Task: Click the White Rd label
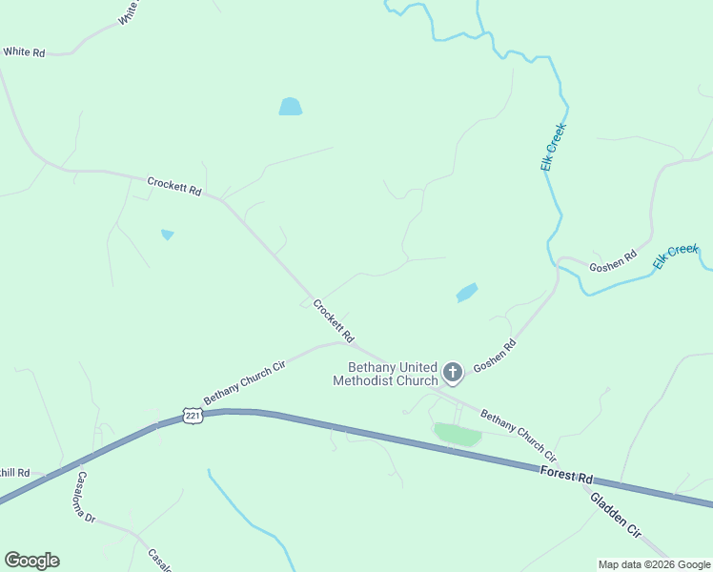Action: (24, 52)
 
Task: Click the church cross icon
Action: (453, 372)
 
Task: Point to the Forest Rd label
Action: (565, 475)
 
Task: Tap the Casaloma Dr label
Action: (87, 497)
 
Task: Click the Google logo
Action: (31, 561)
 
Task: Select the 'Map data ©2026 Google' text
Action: (654, 564)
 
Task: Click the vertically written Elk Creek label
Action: (553, 147)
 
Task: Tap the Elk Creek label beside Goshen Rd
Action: (676, 255)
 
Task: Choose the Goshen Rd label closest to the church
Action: (495, 356)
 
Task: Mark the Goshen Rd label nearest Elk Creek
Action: (612, 262)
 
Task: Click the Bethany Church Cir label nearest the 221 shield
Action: (245, 381)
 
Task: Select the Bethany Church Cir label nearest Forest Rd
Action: (518, 436)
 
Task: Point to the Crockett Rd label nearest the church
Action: (334, 322)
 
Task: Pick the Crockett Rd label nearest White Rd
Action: (174, 186)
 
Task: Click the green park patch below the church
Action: (458, 435)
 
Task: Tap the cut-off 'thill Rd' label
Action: (15, 473)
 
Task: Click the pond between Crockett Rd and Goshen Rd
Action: (466, 293)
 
